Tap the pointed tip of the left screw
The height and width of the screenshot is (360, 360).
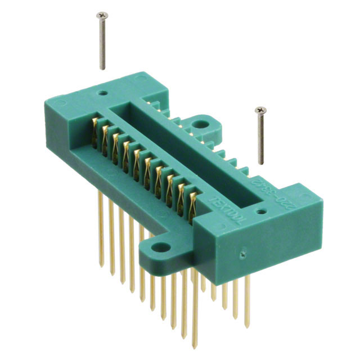[x=103, y=69]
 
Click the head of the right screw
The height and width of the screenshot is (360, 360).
[x=259, y=109]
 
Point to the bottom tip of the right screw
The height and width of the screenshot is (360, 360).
[x=262, y=164]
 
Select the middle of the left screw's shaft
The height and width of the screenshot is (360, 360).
[x=102, y=42]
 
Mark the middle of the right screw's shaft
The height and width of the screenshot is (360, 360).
[x=260, y=137]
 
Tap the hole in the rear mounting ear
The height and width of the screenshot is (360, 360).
[x=200, y=124]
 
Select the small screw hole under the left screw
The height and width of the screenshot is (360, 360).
[x=103, y=89]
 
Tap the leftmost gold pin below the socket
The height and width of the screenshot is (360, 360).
[x=102, y=219]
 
